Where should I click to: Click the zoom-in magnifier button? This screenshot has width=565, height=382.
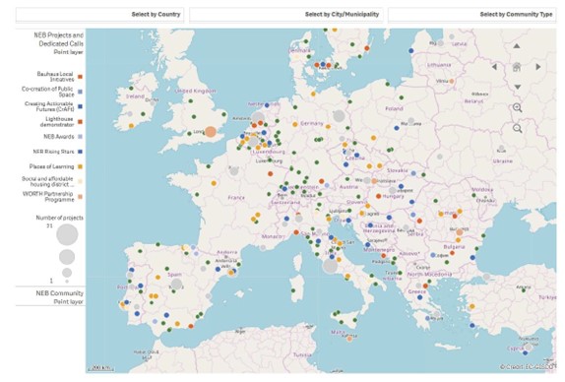tap(518, 107)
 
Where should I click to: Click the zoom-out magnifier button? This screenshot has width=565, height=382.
tap(518, 129)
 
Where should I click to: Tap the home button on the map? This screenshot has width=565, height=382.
tap(516, 67)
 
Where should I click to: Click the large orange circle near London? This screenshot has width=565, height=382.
tap(211, 131)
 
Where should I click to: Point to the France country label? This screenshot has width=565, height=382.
tap(235, 197)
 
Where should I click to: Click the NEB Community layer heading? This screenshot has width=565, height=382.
tap(60, 293)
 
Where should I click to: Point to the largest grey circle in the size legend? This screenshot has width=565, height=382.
tap(68, 235)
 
